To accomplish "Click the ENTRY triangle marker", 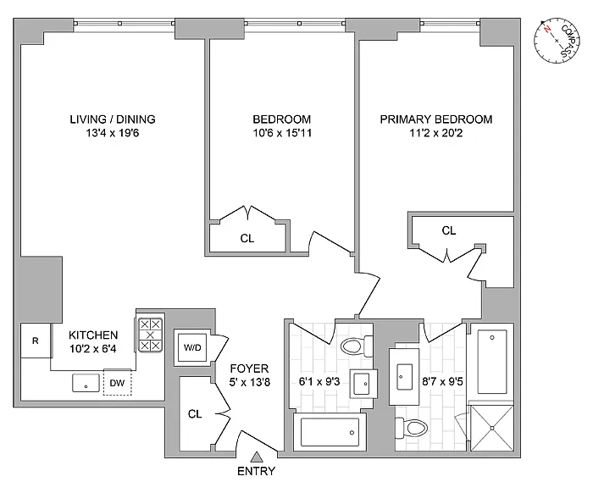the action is [258, 457].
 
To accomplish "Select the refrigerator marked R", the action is [36, 341].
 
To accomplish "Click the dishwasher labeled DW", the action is [117, 383].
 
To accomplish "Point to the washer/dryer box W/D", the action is [192, 347].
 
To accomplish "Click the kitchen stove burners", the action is [150, 335].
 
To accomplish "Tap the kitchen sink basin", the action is [86, 383].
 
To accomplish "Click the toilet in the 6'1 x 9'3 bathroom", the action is [357, 346].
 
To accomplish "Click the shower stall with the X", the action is [491, 428].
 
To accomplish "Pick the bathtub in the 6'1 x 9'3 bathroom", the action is [330, 432].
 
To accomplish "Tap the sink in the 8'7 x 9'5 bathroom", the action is [404, 377].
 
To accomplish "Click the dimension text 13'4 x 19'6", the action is [113, 133].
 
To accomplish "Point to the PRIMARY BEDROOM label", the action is [436, 119].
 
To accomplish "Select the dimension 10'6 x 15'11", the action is [282, 133].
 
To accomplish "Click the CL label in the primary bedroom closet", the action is [449, 230].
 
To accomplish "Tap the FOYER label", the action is [250, 368].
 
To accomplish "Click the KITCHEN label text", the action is [93, 335].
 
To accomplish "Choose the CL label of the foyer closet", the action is [195, 414].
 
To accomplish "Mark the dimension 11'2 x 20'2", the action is [436, 133].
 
